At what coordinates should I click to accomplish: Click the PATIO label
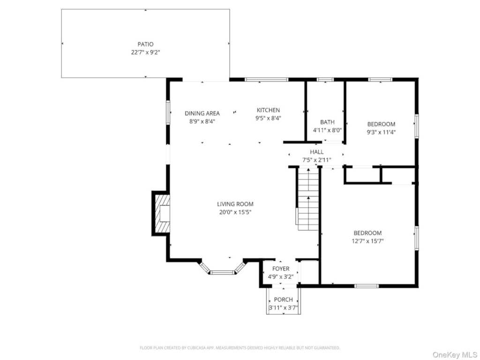point(145,44)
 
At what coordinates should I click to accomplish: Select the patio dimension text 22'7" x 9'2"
point(145,52)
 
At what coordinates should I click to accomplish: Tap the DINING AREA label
point(202,113)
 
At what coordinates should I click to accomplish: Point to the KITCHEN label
point(268,110)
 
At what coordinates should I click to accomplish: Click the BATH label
point(327,122)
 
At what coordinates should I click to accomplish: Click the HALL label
point(316,152)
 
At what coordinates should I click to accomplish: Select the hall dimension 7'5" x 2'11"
point(316,160)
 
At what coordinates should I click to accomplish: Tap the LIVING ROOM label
point(235,204)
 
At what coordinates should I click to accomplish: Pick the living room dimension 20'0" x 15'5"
point(235,212)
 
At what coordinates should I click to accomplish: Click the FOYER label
point(281,269)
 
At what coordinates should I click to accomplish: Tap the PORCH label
point(283,300)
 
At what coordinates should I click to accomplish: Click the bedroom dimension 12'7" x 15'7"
point(367,241)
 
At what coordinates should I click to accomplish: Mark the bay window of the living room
point(222,270)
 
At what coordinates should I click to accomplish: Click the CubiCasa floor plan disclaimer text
point(240,348)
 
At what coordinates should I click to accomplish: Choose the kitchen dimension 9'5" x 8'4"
point(268,119)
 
